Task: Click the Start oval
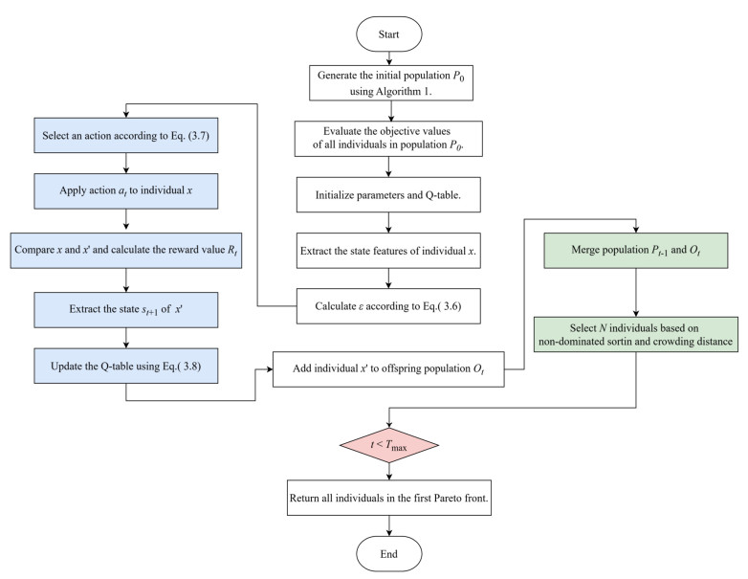click(x=388, y=33)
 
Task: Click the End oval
click(x=388, y=554)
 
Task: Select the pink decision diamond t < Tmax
click(x=388, y=445)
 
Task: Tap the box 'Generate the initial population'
click(x=390, y=83)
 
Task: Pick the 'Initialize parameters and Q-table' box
click(x=388, y=194)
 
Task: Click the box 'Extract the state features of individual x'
click(x=388, y=251)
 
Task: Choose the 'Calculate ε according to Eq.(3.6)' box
click(x=388, y=306)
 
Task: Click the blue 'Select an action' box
click(x=126, y=135)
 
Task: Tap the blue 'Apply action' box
click(x=126, y=191)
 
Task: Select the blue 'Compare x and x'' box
click(x=126, y=250)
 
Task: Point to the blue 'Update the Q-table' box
click(x=126, y=366)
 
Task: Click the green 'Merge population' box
click(x=636, y=250)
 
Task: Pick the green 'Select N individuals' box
click(x=635, y=334)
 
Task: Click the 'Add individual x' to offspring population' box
click(x=388, y=369)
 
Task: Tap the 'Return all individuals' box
click(x=388, y=498)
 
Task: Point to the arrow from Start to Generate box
click(x=389, y=58)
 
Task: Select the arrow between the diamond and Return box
click(x=389, y=472)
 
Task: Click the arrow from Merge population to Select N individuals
click(x=636, y=292)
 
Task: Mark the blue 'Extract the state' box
click(x=126, y=310)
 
